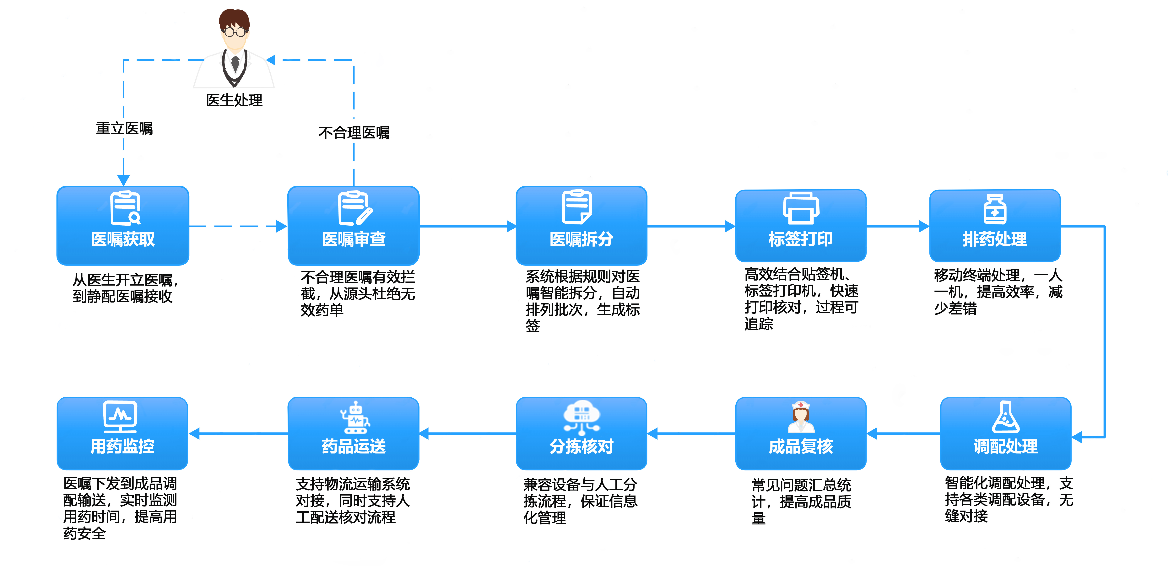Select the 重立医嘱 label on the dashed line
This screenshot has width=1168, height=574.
pyautogui.click(x=124, y=128)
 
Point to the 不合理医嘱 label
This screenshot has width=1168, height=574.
pyautogui.click(x=354, y=132)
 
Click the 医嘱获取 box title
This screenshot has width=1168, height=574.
pyautogui.click(x=123, y=239)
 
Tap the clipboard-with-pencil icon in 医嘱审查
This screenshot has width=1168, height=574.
pyautogui.click(x=354, y=208)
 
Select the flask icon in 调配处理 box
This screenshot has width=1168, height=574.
pyautogui.click(x=1006, y=417)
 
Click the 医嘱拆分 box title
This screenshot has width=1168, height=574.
pyautogui.click(x=581, y=239)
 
